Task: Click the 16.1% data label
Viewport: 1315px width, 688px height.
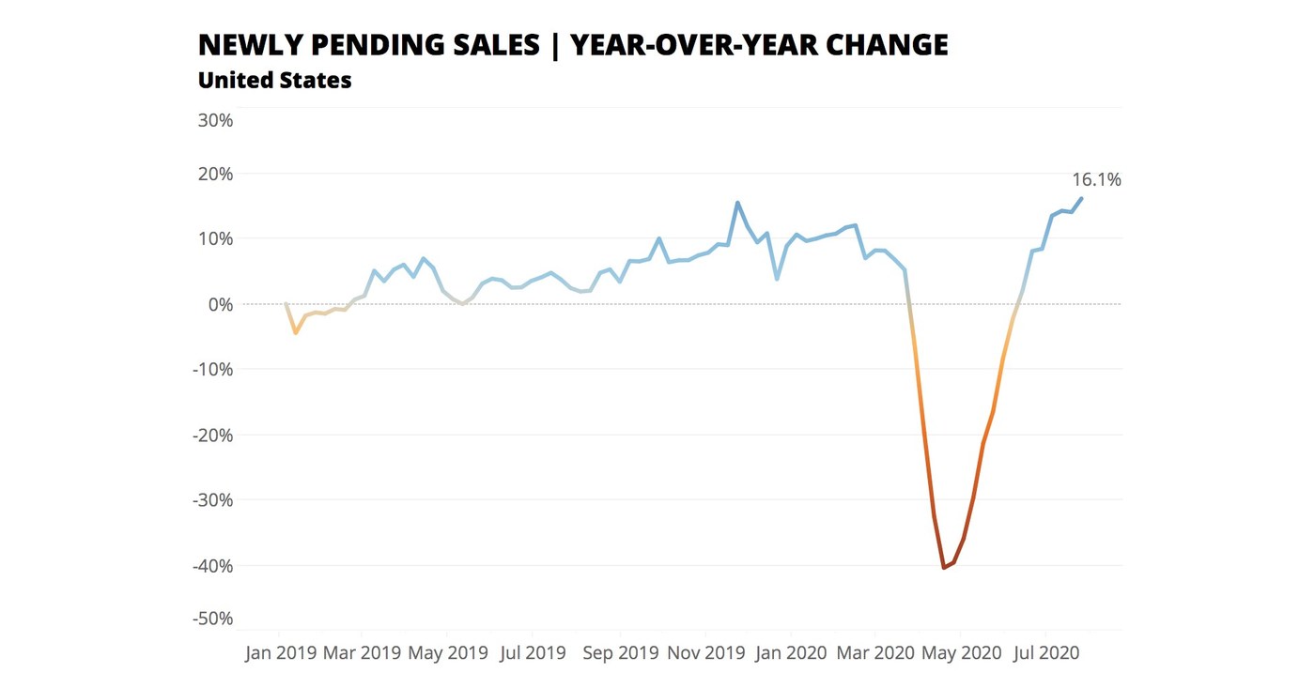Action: point(1096,179)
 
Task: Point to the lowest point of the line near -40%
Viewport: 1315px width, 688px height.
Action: point(944,568)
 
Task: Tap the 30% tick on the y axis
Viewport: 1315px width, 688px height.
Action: point(214,120)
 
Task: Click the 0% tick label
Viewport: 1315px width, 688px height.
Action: point(219,304)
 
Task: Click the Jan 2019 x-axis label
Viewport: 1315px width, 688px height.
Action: point(280,652)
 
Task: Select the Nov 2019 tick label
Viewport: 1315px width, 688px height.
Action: point(705,652)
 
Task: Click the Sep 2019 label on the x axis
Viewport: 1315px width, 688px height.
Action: point(620,652)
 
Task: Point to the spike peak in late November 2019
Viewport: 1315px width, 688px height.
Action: point(737,202)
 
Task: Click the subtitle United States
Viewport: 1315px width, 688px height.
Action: point(274,81)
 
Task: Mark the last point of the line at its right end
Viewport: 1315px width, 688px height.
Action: point(1081,198)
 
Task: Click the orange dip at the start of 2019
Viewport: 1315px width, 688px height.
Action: point(296,332)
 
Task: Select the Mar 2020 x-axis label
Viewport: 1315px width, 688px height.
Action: point(875,652)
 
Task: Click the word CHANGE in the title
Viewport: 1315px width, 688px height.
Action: point(892,44)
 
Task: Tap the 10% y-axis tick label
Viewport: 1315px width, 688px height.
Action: point(214,238)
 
